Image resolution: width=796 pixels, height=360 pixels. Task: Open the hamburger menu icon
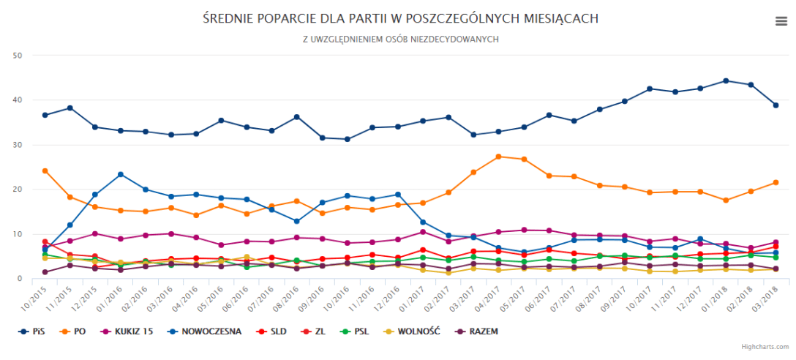[781, 21]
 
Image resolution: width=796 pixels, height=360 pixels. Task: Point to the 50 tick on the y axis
[18, 56]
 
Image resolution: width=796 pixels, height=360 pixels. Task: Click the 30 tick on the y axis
[18, 145]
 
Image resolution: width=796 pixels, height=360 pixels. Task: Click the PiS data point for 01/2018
[725, 80]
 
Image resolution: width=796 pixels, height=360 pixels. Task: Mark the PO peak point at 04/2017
[498, 157]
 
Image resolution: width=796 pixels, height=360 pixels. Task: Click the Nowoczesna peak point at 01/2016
[121, 174]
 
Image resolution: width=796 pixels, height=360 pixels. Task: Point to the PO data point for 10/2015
[45, 170]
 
